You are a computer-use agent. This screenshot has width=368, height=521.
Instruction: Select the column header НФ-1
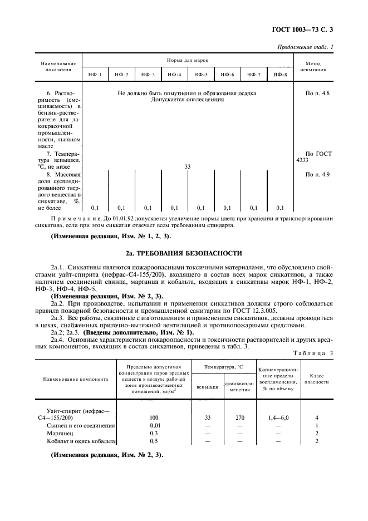[95, 75]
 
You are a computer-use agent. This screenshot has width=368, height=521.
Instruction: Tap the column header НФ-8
[281, 75]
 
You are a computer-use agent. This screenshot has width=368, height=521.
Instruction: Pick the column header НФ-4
[174, 75]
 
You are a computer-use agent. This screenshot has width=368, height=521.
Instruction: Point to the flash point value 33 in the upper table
[188, 166]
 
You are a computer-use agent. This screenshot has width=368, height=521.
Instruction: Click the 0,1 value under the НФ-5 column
[200, 208]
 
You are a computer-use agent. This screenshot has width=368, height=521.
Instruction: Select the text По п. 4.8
[317, 94]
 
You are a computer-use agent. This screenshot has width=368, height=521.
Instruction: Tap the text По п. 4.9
[317, 175]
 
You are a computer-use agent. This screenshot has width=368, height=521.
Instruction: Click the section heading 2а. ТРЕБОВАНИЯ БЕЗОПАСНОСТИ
[184, 252]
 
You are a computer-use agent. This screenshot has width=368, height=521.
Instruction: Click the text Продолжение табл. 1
[305, 47]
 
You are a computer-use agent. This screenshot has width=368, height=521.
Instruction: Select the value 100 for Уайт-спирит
[154, 417]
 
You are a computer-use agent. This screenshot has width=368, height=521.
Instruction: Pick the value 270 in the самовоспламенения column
[239, 417]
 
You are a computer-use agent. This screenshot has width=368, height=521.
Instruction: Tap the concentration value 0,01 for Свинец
[154, 425]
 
